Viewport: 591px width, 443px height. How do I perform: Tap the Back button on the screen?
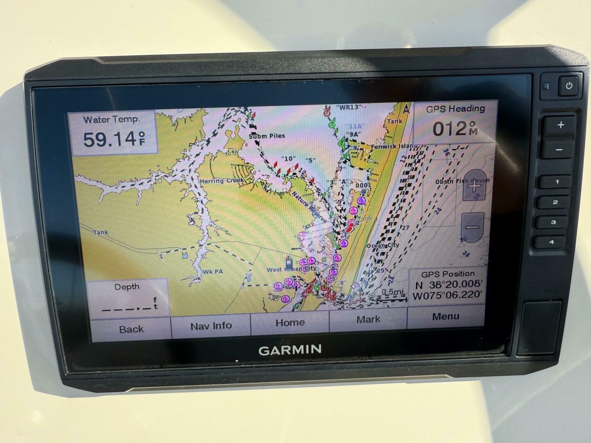tap(131, 329)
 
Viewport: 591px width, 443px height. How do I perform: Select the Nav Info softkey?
tap(211, 326)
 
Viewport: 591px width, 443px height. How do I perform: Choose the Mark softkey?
tap(368, 319)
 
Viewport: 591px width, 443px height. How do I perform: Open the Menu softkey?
tap(445, 316)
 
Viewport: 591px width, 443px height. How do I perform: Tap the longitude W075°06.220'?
tap(447, 295)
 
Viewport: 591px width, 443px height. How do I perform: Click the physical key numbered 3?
tap(553, 222)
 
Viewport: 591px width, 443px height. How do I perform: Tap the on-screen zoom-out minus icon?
tap(472, 227)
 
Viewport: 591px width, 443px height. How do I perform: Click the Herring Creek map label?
tap(222, 180)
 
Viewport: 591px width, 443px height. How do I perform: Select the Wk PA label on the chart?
tap(213, 271)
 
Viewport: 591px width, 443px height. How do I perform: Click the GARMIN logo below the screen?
tap(290, 350)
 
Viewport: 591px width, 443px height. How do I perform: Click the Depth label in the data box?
tap(127, 287)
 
